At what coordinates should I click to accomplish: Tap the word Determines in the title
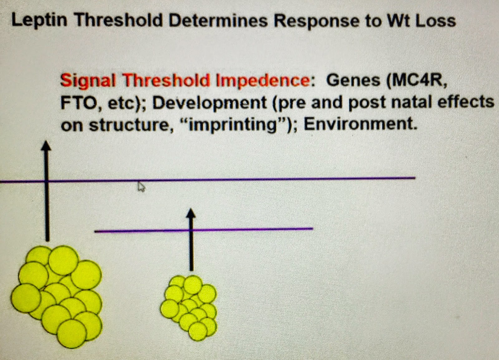pyautogui.click(x=218, y=21)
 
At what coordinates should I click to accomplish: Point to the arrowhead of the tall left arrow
pyautogui.click(x=46, y=146)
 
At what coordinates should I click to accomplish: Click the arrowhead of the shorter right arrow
pyautogui.click(x=191, y=213)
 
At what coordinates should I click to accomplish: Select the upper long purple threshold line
pyautogui.click(x=208, y=180)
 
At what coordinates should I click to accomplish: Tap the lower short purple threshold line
pyautogui.click(x=204, y=230)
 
